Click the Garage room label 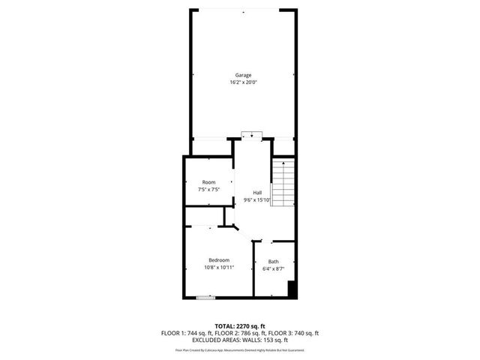tap(243, 75)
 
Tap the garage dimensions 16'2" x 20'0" tap(243, 82)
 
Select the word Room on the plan tap(208, 182)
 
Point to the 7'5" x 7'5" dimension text tap(208, 190)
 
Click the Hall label tap(257, 192)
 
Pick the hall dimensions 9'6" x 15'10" tap(257, 199)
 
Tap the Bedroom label tap(219, 259)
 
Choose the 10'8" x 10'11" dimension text tap(219, 267)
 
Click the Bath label tap(273, 261)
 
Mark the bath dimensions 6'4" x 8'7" tap(273, 268)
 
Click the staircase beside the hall tap(283, 184)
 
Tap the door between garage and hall tap(251, 136)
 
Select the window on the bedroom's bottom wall tap(205, 298)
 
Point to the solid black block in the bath tap(292, 290)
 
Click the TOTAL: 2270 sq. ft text tap(240, 326)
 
